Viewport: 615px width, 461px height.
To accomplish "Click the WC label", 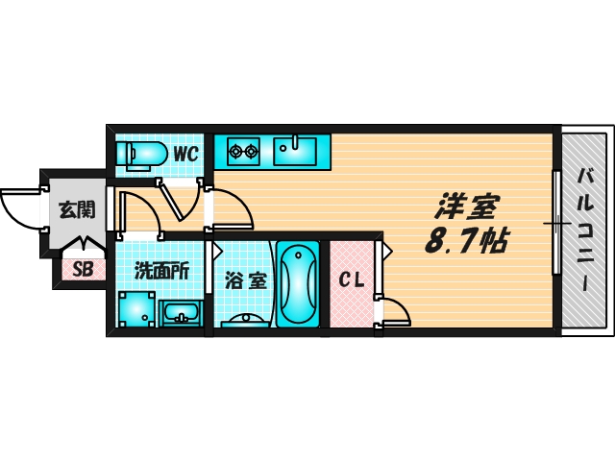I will coord(185,153).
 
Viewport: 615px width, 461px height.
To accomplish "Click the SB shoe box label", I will coord(83,270).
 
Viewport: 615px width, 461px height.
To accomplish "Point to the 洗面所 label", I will coord(160,271).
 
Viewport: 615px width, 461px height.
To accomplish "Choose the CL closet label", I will coord(352,281).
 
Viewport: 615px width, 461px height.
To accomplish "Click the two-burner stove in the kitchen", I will coord(242,150).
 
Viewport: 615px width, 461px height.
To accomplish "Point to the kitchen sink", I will coord(295,150).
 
